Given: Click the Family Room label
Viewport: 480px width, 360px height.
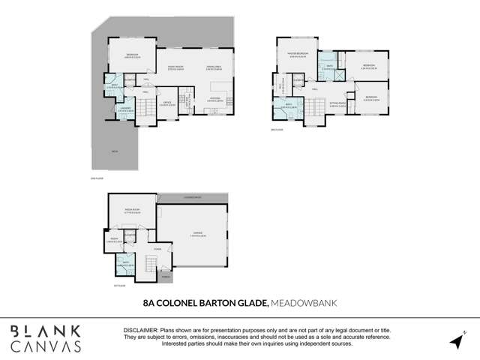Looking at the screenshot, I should click(x=175, y=67).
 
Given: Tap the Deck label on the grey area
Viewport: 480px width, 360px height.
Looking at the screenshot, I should click(x=114, y=151).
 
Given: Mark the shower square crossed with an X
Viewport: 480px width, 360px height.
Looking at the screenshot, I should click(x=339, y=75).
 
